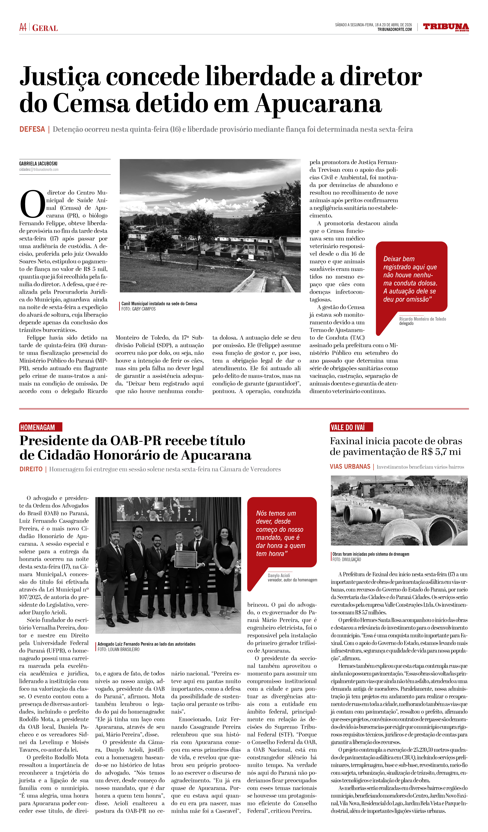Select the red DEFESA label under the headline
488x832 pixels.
(x=32, y=129)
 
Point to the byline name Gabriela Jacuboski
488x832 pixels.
(x=38, y=163)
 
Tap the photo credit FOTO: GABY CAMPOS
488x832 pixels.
(x=139, y=309)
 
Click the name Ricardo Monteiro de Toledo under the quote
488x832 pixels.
(x=422, y=319)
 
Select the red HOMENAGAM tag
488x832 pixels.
(x=38, y=427)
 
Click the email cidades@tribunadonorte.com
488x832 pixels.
(x=39, y=169)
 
